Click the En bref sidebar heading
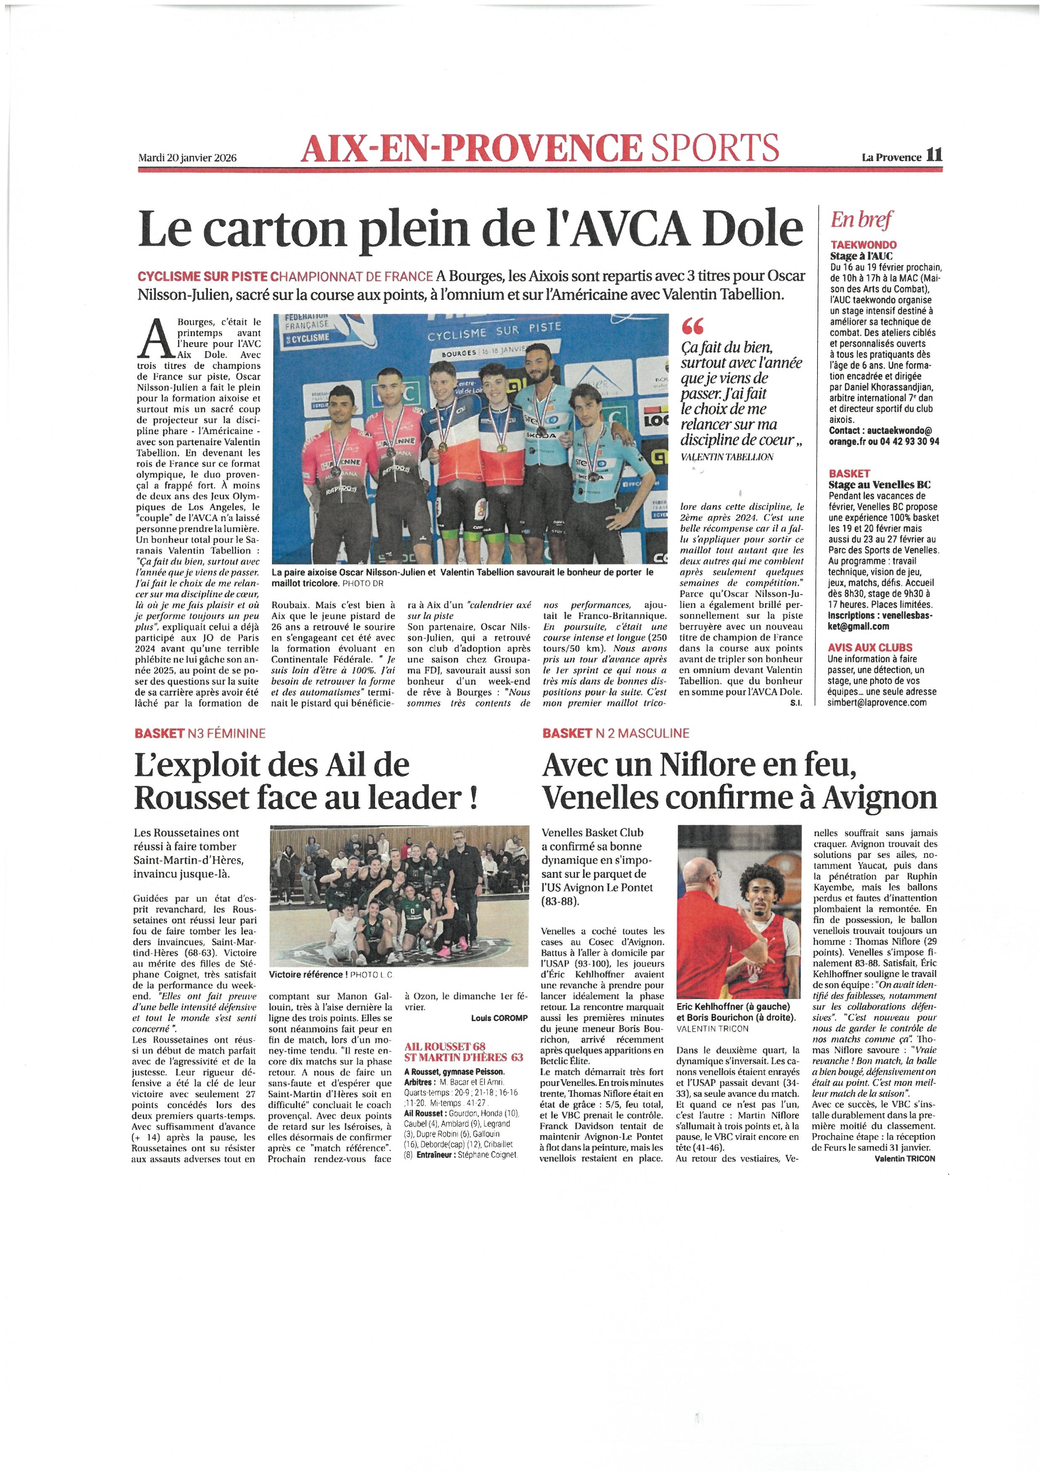coord(861,221)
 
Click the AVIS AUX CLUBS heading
coord(870,647)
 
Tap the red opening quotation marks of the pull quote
coord(694,327)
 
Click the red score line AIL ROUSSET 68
coord(445,1047)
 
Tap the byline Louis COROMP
coord(499,1018)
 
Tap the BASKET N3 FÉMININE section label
coord(200,733)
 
